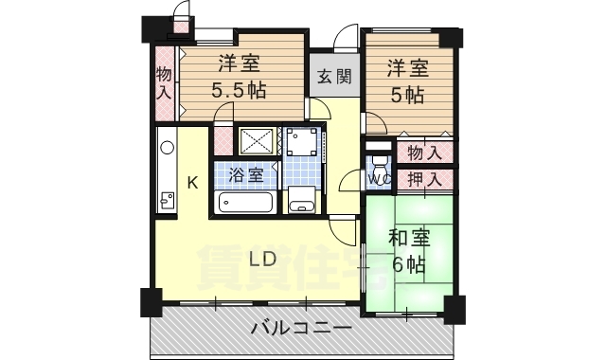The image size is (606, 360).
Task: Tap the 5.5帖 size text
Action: coord(240,90)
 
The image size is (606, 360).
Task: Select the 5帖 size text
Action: coord(407,95)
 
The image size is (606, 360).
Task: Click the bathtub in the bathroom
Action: coord(245,201)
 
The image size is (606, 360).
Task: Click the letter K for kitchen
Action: coord(191,183)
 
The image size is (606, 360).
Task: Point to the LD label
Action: coord(263,258)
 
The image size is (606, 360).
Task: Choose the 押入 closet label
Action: coord(423,178)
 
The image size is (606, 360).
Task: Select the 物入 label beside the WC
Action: coord(423,152)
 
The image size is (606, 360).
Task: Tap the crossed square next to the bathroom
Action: coord(256,142)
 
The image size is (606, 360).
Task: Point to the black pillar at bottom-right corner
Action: coord(454,309)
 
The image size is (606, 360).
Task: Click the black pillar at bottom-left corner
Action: coord(151,303)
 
